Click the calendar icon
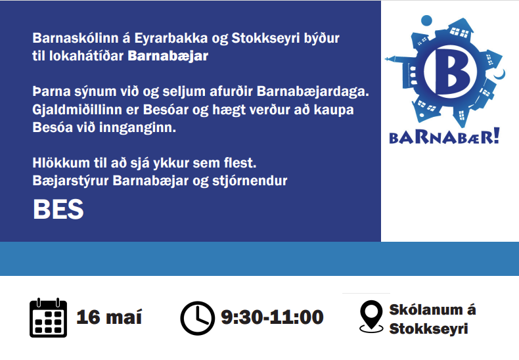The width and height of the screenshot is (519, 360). (49, 318)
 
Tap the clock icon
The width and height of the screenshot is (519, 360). (197, 319)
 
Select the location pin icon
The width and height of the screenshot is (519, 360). (371, 317)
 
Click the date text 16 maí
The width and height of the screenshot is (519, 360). (109, 317)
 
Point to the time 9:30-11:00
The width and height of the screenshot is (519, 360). (272, 317)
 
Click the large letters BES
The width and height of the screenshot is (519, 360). (58, 209)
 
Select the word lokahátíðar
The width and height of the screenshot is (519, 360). (86, 56)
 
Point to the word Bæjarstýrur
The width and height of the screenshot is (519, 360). (70, 181)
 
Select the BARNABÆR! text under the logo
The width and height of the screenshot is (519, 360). (444, 137)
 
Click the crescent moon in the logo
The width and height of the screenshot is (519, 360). (500, 74)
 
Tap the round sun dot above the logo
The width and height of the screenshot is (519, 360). (426, 20)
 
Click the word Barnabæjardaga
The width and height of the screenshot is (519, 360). (313, 92)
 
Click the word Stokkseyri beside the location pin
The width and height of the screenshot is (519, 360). (428, 329)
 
